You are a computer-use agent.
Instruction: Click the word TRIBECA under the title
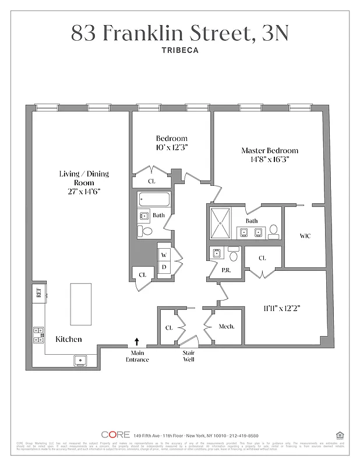coord(179,50)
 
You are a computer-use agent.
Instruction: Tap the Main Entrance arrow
coord(137,342)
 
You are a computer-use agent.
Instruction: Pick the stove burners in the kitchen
coord(39,334)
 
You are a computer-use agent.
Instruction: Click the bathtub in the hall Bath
coord(154,200)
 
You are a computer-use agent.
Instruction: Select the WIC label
coord(305,236)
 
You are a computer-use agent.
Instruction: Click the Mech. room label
coord(226,327)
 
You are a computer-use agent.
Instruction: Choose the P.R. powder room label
coord(225,270)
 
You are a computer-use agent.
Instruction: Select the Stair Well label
coord(189,356)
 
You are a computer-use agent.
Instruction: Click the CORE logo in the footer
coord(115,435)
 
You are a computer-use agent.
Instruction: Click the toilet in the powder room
coord(234,255)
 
